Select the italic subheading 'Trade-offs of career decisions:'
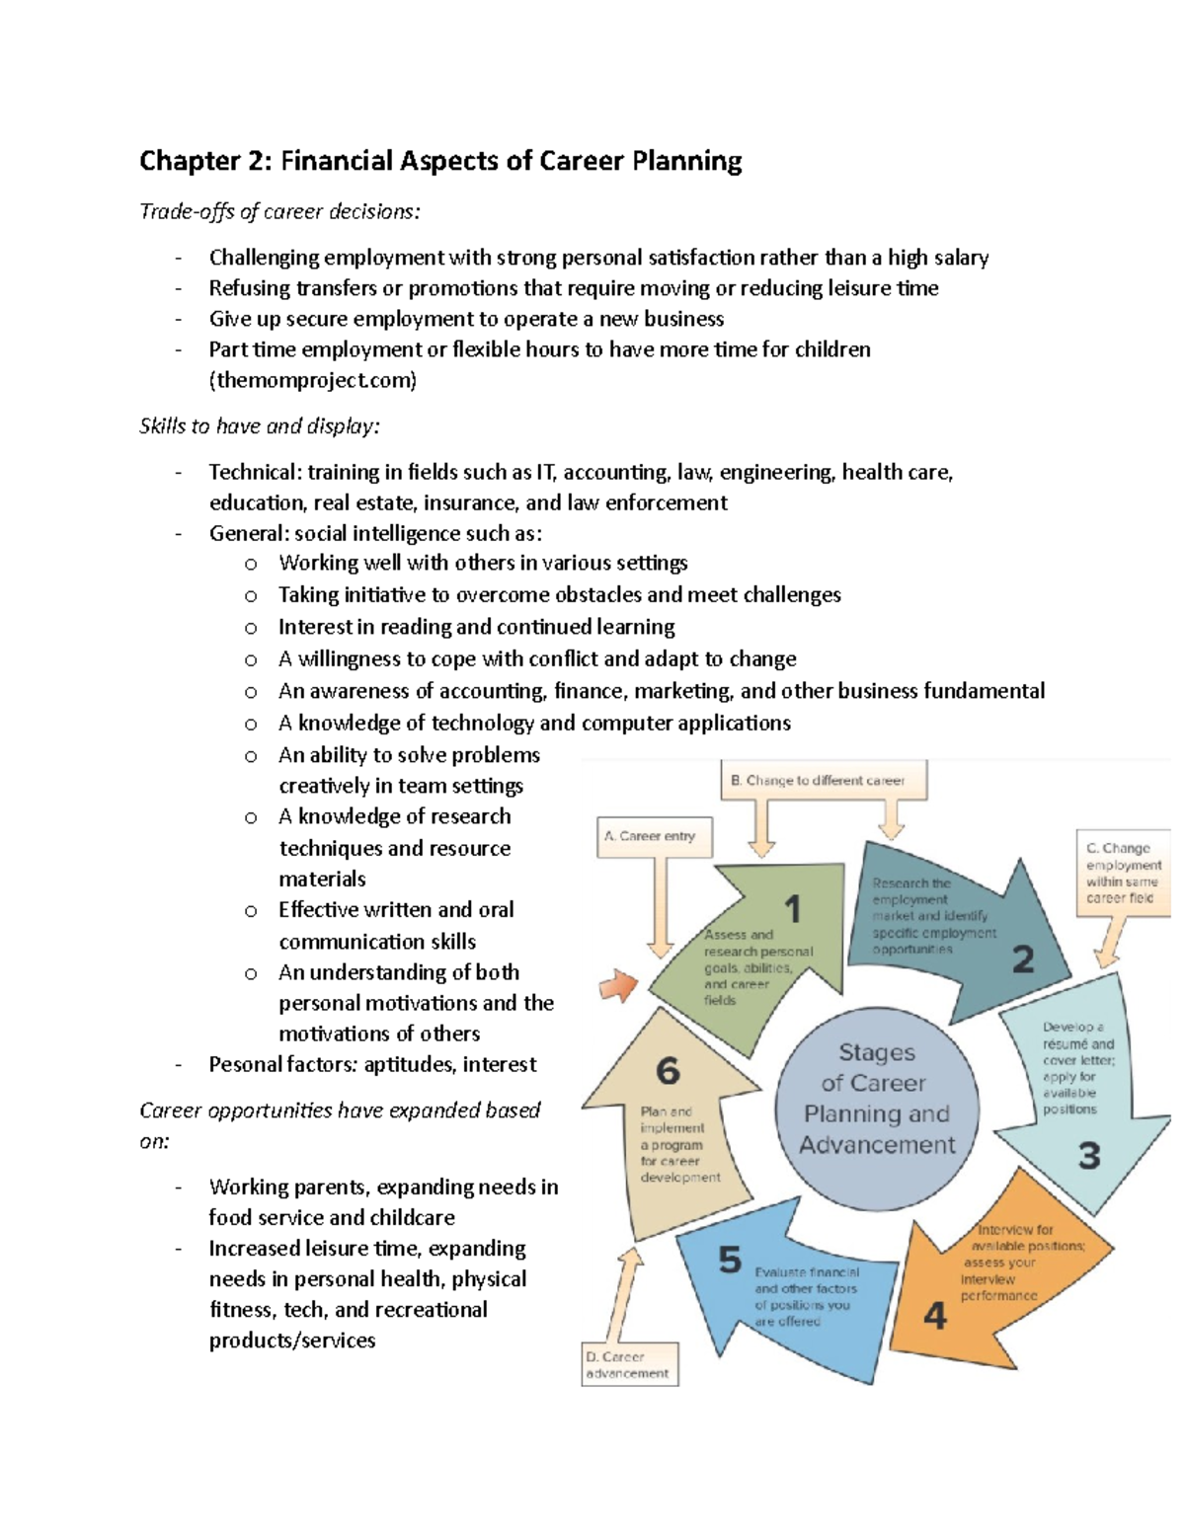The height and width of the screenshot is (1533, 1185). (x=279, y=211)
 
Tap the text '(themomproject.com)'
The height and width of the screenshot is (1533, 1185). (x=312, y=380)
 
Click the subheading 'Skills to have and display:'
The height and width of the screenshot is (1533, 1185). (x=259, y=426)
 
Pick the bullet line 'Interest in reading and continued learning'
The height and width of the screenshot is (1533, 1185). (x=476, y=627)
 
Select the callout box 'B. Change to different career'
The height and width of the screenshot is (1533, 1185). (x=818, y=780)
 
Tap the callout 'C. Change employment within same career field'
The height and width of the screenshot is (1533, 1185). (x=1123, y=873)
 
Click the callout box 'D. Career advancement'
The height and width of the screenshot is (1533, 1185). (x=628, y=1365)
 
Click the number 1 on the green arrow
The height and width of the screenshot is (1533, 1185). (x=791, y=909)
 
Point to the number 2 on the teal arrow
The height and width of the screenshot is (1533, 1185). (x=1023, y=958)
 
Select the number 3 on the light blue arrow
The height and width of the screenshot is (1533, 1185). (x=1088, y=1155)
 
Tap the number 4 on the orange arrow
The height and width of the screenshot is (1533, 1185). (x=934, y=1316)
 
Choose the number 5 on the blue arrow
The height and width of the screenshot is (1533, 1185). (x=729, y=1260)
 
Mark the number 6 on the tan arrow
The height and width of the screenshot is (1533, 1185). (x=668, y=1071)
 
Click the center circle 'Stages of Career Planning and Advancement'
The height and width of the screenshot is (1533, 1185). (x=877, y=1099)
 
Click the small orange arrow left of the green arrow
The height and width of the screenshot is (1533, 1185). (x=619, y=984)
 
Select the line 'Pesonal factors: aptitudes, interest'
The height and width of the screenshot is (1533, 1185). (x=372, y=1064)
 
